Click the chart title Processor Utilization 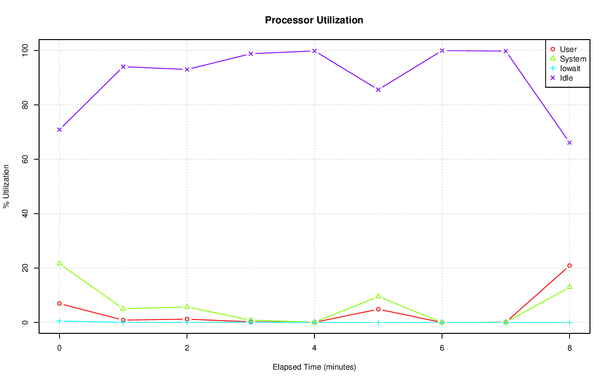tap(314, 20)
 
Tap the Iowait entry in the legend tap(570, 68)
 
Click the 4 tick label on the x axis tap(314, 348)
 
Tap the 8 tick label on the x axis tap(569, 348)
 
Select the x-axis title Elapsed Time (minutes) tap(314, 367)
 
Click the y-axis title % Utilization tap(7, 186)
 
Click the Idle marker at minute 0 tap(59, 130)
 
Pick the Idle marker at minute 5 tap(378, 90)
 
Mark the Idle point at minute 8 tap(569, 143)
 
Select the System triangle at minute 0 tap(59, 263)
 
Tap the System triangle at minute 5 tap(378, 296)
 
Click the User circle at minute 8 tap(569, 266)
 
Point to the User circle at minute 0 tap(59, 304)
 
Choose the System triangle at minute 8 tap(569, 287)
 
